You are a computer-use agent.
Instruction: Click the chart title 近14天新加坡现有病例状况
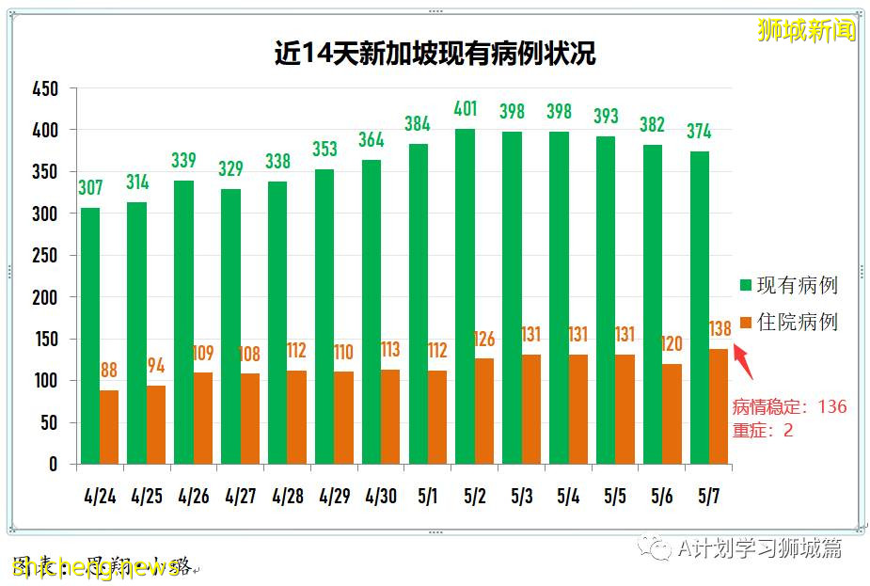pyautogui.click(x=435, y=53)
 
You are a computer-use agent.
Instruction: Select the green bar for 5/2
pyautogui.click(x=465, y=296)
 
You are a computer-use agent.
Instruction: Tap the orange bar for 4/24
pyautogui.click(x=109, y=427)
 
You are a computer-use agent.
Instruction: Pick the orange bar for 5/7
pyautogui.click(x=719, y=406)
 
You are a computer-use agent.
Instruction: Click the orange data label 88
pyautogui.click(x=109, y=371)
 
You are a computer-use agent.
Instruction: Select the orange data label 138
pyautogui.click(x=719, y=329)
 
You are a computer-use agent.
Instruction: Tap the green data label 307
pyautogui.click(x=90, y=187)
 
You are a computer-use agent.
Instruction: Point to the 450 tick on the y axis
pyautogui.click(x=45, y=89)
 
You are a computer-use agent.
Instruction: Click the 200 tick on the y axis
pyautogui.click(x=45, y=297)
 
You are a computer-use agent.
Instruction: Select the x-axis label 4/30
pyautogui.click(x=381, y=495)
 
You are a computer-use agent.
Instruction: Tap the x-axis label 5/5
pyautogui.click(x=615, y=495)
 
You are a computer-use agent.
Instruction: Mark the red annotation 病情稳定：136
pyautogui.click(x=789, y=407)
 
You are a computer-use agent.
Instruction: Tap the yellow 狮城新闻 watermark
pyautogui.click(x=806, y=30)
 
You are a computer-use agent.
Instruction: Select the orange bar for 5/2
pyautogui.click(x=483, y=411)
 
